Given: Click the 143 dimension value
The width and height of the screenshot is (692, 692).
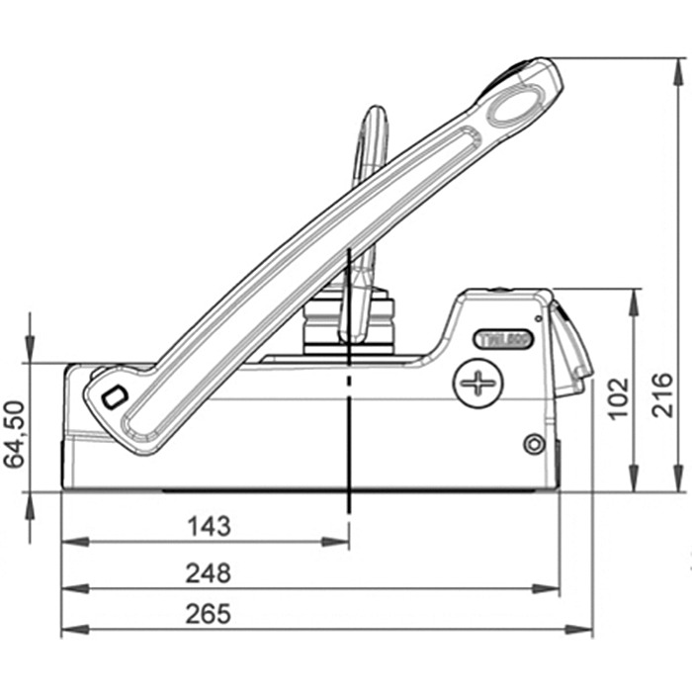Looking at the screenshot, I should (209, 526).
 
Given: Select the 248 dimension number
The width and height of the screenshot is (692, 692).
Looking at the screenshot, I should (209, 572).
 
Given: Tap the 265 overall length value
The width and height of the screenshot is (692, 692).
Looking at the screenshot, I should (209, 614).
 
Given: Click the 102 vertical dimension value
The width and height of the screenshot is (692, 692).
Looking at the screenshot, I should (617, 396).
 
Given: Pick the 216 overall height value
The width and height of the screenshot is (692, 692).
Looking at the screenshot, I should (663, 394).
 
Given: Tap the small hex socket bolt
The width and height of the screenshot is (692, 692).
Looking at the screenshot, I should (534, 444).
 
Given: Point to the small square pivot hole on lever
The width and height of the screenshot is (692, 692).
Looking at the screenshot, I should (114, 396).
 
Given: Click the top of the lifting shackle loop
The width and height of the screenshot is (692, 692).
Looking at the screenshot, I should (375, 111).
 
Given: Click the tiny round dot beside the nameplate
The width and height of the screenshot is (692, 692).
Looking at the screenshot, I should (538, 319).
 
